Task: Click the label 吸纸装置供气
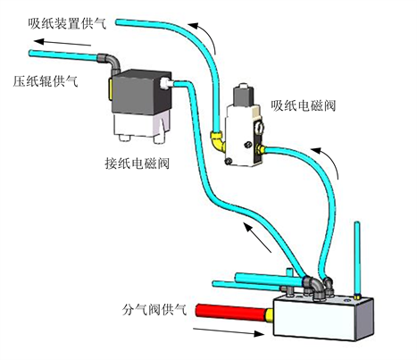(x=67, y=23)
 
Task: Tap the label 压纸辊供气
(x=46, y=81)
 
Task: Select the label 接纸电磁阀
(x=138, y=163)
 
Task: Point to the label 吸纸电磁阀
(x=304, y=105)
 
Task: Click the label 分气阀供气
(x=154, y=310)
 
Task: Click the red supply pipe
(x=231, y=313)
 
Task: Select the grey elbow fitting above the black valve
(x=110, y=62)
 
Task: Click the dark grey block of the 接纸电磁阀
(x=138, y=92)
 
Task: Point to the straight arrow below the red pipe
(x=229, y=331)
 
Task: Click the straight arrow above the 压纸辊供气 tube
(x=63, y=42)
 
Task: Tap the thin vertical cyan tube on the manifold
(x=357, y=259)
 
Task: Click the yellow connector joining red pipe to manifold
(x=270, y=316)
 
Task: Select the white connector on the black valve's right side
(x=165, y=84)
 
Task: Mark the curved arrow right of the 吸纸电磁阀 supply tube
(x=329, y=161)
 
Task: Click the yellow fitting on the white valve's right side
(x=261, y=148)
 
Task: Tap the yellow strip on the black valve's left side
(x=110, y=88)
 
